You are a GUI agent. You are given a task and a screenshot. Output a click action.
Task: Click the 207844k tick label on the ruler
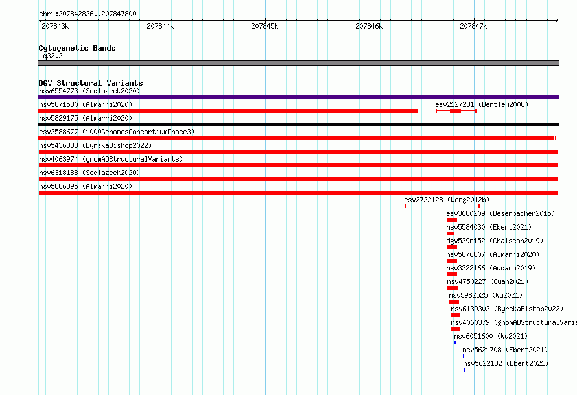[160, 26]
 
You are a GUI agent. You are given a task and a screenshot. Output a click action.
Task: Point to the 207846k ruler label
[369, 26]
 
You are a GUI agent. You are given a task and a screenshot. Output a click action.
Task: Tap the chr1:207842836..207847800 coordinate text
[88, 14]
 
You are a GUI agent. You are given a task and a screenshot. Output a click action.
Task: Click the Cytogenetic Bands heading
[77, 48]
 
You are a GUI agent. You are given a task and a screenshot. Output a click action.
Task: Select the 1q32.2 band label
[51, 56]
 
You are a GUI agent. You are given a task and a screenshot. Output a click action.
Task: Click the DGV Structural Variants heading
[91, 83]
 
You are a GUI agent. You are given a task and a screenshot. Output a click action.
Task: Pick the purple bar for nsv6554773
[298, 97]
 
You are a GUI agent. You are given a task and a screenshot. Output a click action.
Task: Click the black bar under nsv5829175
[298, 125]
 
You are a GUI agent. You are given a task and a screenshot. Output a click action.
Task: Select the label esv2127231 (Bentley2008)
[482, 104]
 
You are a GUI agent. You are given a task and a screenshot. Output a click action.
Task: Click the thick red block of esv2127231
[455, 111]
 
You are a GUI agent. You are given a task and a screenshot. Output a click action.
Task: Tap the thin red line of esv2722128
[442, 206]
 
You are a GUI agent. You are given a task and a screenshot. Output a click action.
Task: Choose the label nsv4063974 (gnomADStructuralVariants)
[111, 159]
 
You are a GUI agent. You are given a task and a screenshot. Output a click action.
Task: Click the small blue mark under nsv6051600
[455, 342]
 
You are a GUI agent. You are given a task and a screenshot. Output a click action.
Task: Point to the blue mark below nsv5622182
[464, 370]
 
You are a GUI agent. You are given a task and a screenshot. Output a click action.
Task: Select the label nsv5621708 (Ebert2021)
[505, 350]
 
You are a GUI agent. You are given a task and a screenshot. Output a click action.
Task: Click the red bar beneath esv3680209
[452, 220]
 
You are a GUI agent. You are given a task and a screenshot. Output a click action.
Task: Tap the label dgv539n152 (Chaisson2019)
[495, 241]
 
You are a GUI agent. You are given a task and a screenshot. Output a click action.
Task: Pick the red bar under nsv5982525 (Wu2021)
[454, 302]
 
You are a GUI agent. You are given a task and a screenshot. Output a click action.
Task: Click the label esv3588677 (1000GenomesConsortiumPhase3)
[117, 132]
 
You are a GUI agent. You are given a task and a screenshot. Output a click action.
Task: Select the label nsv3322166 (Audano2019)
[491, 268]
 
